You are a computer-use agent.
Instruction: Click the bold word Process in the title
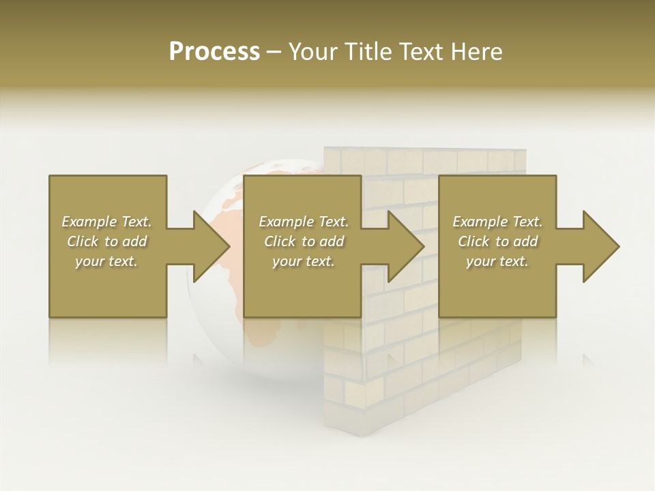[214, 52]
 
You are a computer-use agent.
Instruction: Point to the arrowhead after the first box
[210, 246]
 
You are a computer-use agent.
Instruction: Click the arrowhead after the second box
[405, 246]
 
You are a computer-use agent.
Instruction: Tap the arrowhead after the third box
[600, 246]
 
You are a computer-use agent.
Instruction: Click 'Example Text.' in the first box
[106, 222]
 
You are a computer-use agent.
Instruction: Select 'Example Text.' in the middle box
[304, 222]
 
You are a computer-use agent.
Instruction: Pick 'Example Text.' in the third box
[497, 222]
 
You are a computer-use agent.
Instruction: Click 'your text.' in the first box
[106, 261]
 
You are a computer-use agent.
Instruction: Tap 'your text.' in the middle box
[304, 261]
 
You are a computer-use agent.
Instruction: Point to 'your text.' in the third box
[497, 261]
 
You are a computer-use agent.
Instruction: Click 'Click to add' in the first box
[106, 241]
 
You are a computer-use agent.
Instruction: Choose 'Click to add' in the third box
[497, 241]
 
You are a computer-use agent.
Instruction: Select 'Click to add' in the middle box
[304, 241]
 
